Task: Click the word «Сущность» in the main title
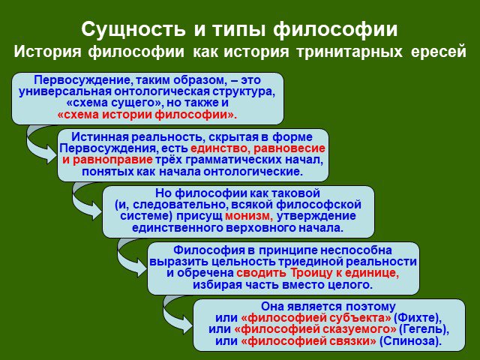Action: click(133, 29)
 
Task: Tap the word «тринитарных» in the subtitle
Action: click(349, 52)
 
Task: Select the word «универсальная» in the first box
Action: click(64, 91)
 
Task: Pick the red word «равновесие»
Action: click(289, 148)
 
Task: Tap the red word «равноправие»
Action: click(112, 160)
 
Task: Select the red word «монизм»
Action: click(248, 216)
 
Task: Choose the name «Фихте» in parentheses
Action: click(415, 318)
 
